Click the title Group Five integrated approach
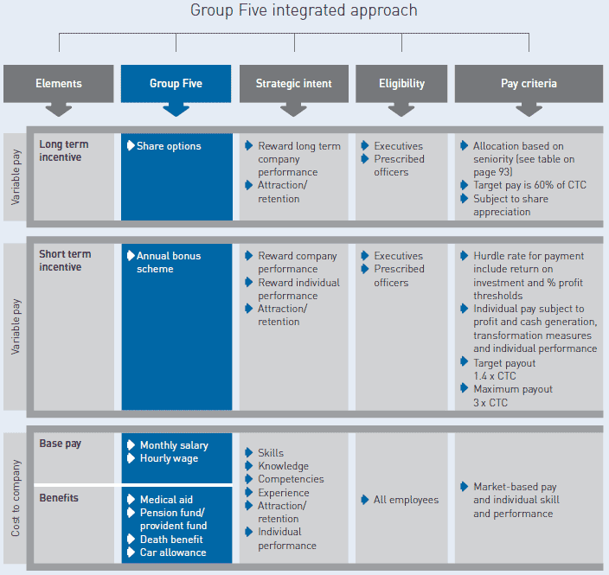[x=304, y=10]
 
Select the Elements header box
[x=59, y=84]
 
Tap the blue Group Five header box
[x=176, y=84]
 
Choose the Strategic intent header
[x=293, y=84]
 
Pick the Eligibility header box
[x=401, y=84]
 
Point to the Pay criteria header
[x=529, y=84]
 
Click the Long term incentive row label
[x=64, y=150]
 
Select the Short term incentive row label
[x=65, y=260]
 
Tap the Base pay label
[x=61, y=444]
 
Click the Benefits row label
[x=59, y=498]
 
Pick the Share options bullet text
[x=169, y=146]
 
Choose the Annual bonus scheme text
[x=169, y=263]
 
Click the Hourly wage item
[x=169, y=458]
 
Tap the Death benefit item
[x=171, y=540]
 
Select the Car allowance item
[x=173, y=553]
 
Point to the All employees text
[x=406, y=500]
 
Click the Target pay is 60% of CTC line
[x=529, y=185]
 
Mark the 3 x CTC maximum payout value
[x=490, y=403]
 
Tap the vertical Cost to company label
[x=16, y=498]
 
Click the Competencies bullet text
[x=291, y=479]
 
